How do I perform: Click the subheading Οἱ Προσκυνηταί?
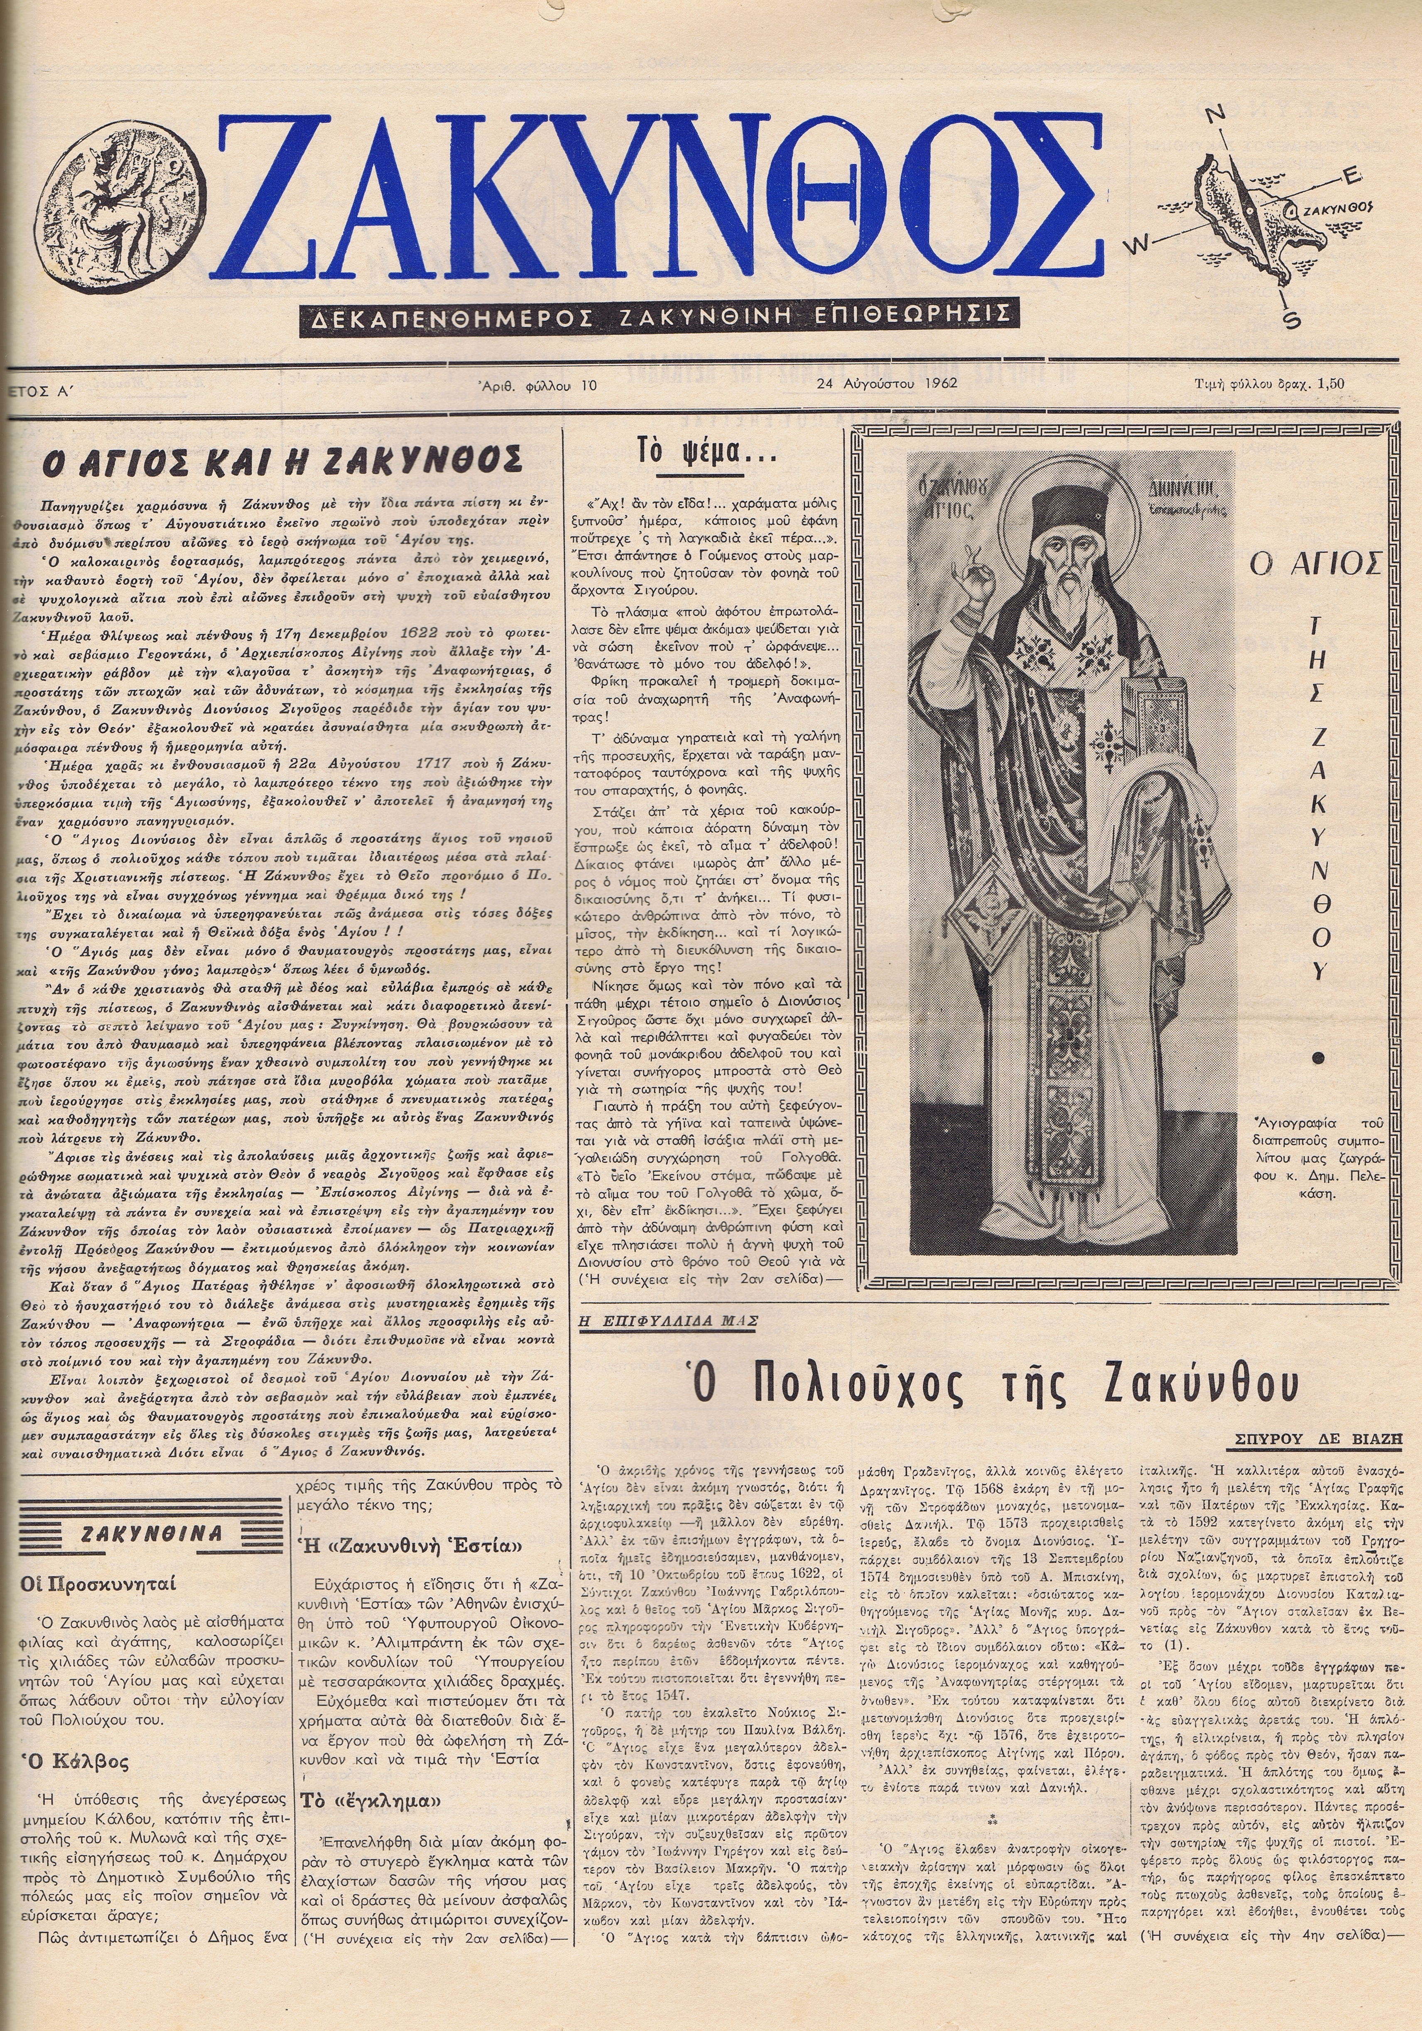tap(99, 1582)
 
